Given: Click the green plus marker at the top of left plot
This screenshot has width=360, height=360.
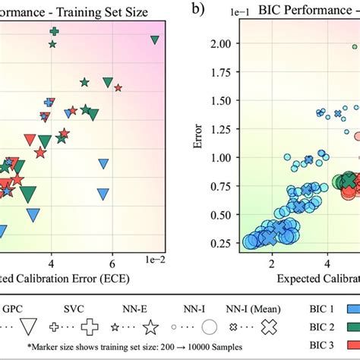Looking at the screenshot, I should click(x=54, y=32).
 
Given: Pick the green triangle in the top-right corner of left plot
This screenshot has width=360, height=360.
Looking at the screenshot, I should click(x=155, y=40).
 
